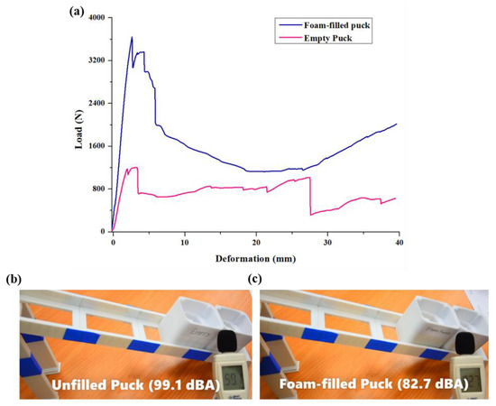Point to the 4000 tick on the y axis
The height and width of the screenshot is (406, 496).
point(95,17)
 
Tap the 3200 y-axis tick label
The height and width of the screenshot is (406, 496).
point(95,60)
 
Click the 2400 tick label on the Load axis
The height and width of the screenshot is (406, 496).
point(95,103)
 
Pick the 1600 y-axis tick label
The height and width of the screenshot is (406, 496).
point(95,146)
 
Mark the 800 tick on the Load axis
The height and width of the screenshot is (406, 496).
point(97,189)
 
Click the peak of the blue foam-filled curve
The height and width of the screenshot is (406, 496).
point(132,37)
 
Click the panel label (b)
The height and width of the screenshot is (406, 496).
point(13,280)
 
